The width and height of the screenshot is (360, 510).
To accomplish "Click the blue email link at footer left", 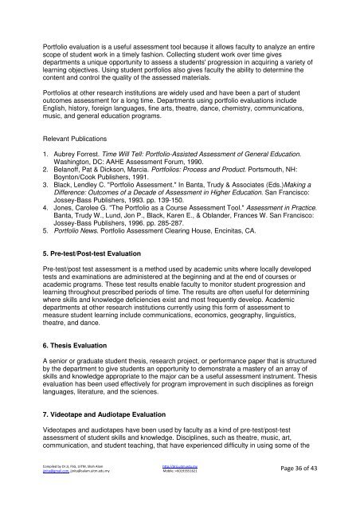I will coord(37,495).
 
